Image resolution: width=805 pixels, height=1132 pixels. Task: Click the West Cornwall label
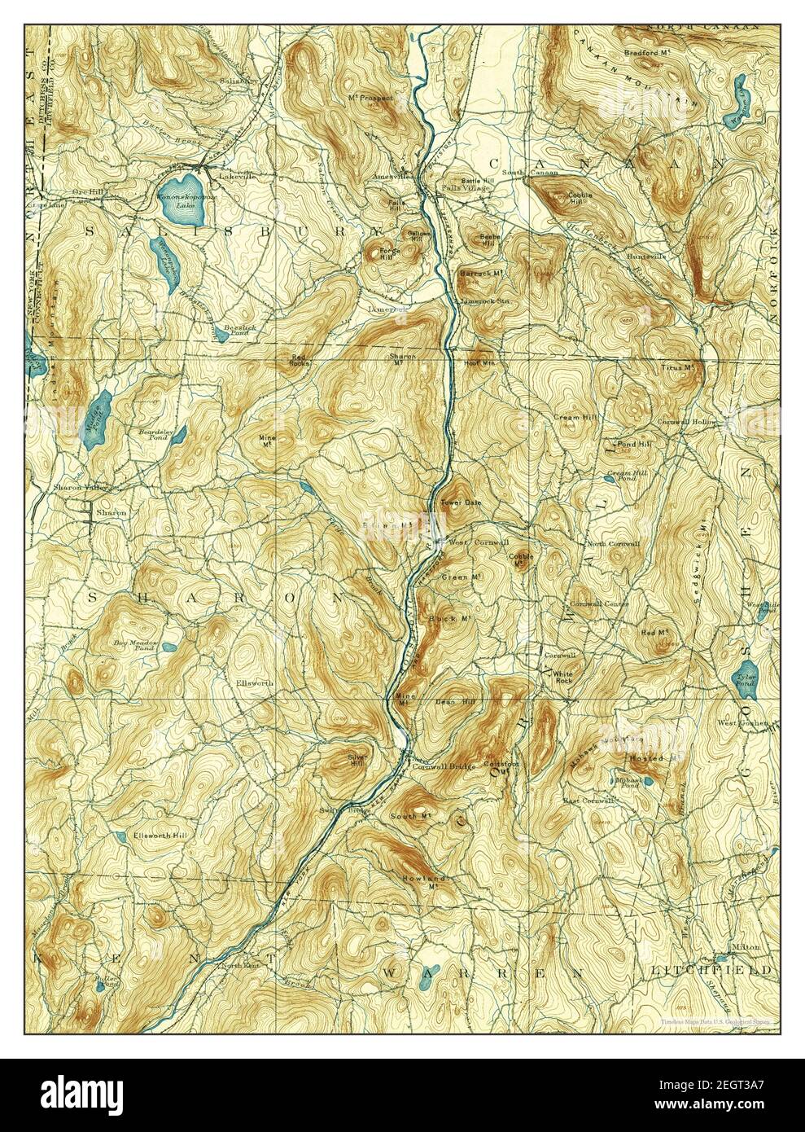468,542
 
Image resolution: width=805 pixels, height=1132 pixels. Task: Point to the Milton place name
745,947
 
